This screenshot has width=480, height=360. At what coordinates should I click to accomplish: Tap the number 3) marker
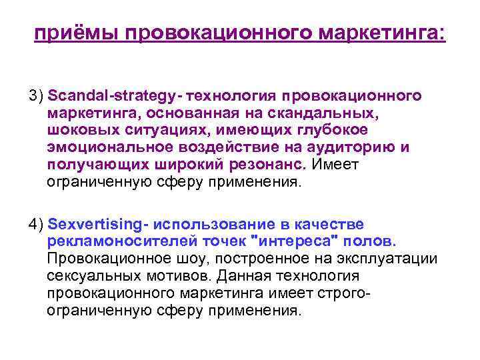tap(36, 96)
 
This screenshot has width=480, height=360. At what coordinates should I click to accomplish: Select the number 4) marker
tap(36, 224)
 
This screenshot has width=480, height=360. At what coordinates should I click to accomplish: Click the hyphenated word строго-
tap(344, 293)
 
